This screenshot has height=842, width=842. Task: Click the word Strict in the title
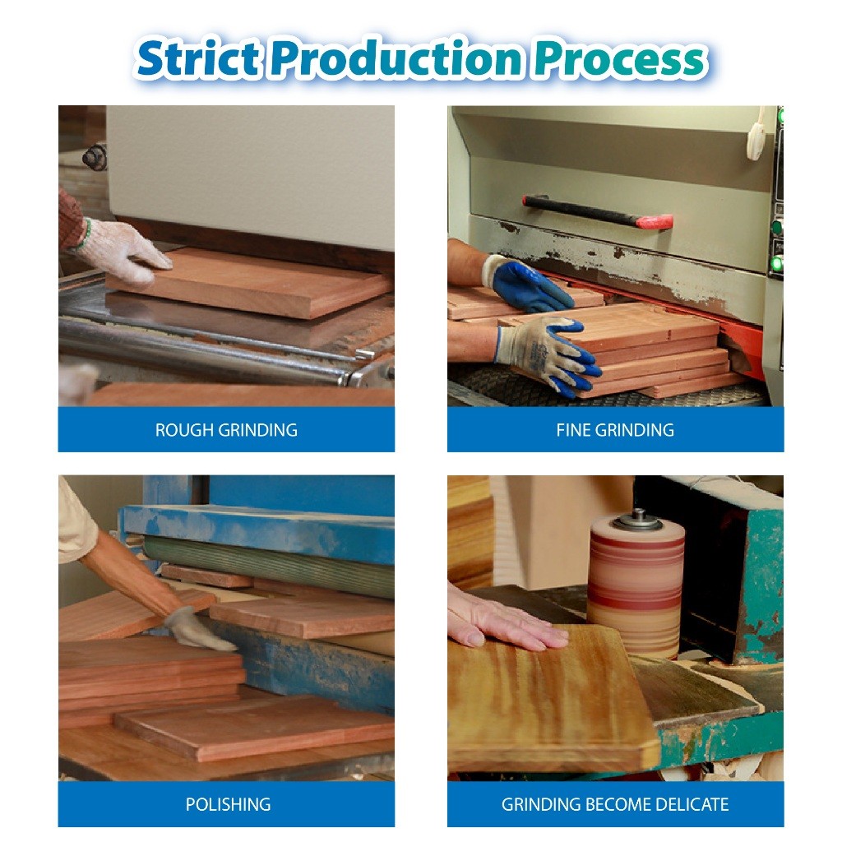(197, 58)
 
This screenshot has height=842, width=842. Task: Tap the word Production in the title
(396, 58)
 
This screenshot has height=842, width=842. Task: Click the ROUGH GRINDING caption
(226, 429)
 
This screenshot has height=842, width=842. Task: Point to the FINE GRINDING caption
(615, 429)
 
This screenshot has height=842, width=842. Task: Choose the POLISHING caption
(228, 804)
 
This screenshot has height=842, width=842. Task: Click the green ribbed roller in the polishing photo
(269, 565)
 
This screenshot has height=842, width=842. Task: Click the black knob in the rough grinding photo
(95, 158)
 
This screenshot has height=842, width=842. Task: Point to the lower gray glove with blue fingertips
(548, 354)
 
